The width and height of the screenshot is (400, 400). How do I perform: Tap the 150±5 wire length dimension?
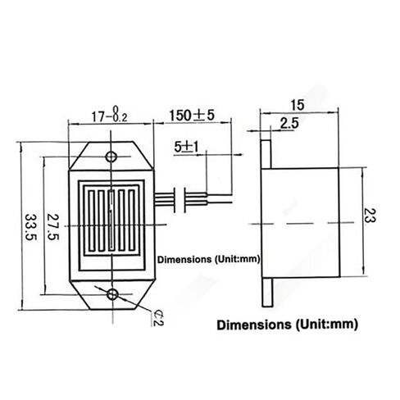coord(193,114)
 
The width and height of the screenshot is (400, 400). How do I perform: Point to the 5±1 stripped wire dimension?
coord(186,148)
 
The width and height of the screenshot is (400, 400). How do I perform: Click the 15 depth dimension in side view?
coord(298,104)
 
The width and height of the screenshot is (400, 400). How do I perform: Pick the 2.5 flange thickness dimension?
coord(289,123)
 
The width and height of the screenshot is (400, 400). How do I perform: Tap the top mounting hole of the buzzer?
coord(112,156)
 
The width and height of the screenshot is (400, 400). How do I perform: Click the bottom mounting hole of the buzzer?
coord(112,292)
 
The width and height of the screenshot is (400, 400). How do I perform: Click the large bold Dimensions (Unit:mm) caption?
coord(288,324)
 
